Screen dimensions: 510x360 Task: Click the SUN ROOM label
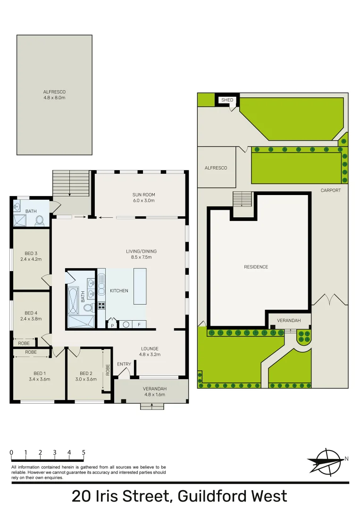(143, 195)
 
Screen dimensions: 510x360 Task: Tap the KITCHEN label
(119, 291)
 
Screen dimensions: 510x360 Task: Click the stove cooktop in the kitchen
(101, 306)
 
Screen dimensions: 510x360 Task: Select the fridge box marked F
(139, 325)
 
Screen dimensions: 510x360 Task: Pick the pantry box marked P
(112, 325)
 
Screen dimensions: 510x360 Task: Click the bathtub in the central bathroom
(73, 300)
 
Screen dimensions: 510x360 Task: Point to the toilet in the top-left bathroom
(40, 221)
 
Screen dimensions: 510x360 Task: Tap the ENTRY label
(124, 364)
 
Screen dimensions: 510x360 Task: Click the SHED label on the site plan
(227, 100)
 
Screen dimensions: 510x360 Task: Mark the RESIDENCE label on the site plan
(256, 267)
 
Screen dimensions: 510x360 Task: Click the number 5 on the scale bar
(84, 452)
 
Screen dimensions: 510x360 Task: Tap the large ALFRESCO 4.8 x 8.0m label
(54, 94)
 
